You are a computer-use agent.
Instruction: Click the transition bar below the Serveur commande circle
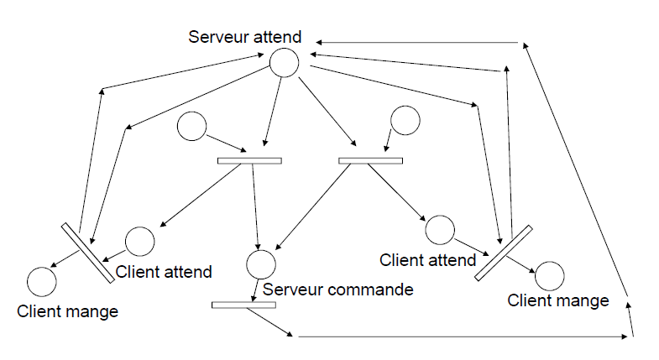(243, 305)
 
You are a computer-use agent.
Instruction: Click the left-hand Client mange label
(67, 311)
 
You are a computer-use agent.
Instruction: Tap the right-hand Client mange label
(558, 300)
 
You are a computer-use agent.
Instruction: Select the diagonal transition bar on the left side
(88, 253)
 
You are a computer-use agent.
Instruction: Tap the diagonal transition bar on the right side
(504, 253)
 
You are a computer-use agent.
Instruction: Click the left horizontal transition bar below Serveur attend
(249, 160)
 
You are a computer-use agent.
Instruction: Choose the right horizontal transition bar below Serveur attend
(371, 160)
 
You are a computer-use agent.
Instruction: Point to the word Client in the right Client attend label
(400, 260)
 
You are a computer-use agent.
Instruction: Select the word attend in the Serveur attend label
(277, 37)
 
